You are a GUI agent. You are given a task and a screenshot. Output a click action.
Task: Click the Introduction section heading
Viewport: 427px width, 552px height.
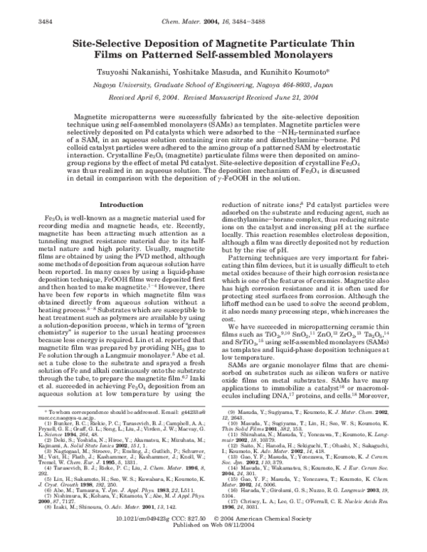click(x=120, y=204)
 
